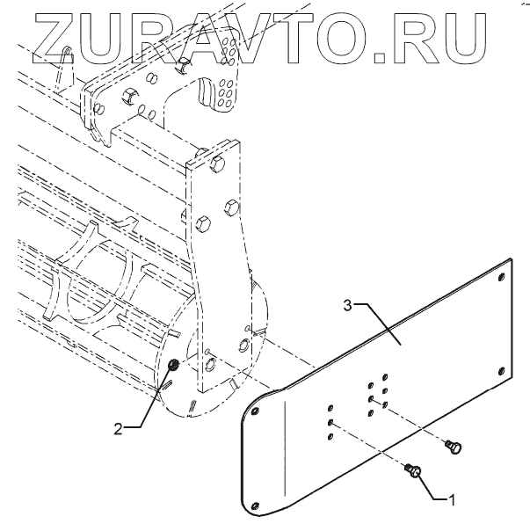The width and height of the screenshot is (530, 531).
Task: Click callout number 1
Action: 453,499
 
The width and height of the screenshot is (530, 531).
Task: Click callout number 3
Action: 347,305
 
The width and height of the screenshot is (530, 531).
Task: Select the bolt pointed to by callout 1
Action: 415,475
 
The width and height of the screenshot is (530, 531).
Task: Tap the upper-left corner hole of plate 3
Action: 254,410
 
